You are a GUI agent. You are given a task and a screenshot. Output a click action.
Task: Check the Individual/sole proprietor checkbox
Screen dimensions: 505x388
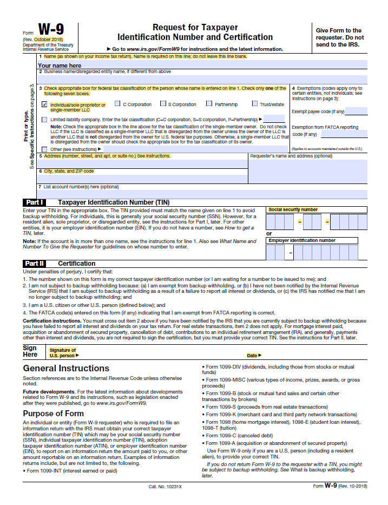[x=44, y=104]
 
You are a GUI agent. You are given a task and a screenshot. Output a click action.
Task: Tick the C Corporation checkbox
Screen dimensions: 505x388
[x=117, y=104]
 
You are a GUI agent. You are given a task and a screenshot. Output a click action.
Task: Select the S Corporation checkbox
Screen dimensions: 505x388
[x=163, y=104]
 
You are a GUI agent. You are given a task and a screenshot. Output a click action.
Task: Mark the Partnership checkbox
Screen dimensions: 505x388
[x=209, y=104]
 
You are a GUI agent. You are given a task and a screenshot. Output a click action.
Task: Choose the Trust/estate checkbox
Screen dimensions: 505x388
[x=255, y=104]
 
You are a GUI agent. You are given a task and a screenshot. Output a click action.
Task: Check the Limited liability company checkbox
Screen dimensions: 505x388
[x=44, y=119]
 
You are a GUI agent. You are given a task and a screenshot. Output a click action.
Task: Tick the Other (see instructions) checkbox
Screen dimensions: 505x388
[x=44, y=149]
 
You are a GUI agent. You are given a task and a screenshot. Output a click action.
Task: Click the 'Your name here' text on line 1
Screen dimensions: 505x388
[x=60, y=65]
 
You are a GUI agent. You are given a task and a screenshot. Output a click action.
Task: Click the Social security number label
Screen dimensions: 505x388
[x=293, y=209]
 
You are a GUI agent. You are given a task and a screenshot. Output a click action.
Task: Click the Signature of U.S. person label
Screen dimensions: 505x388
[x=63, y=353]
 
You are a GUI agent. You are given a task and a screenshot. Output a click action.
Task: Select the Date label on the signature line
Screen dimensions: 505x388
[x=253, y=356]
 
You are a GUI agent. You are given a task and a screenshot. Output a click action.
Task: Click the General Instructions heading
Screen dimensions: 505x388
[x=66, y=368]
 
